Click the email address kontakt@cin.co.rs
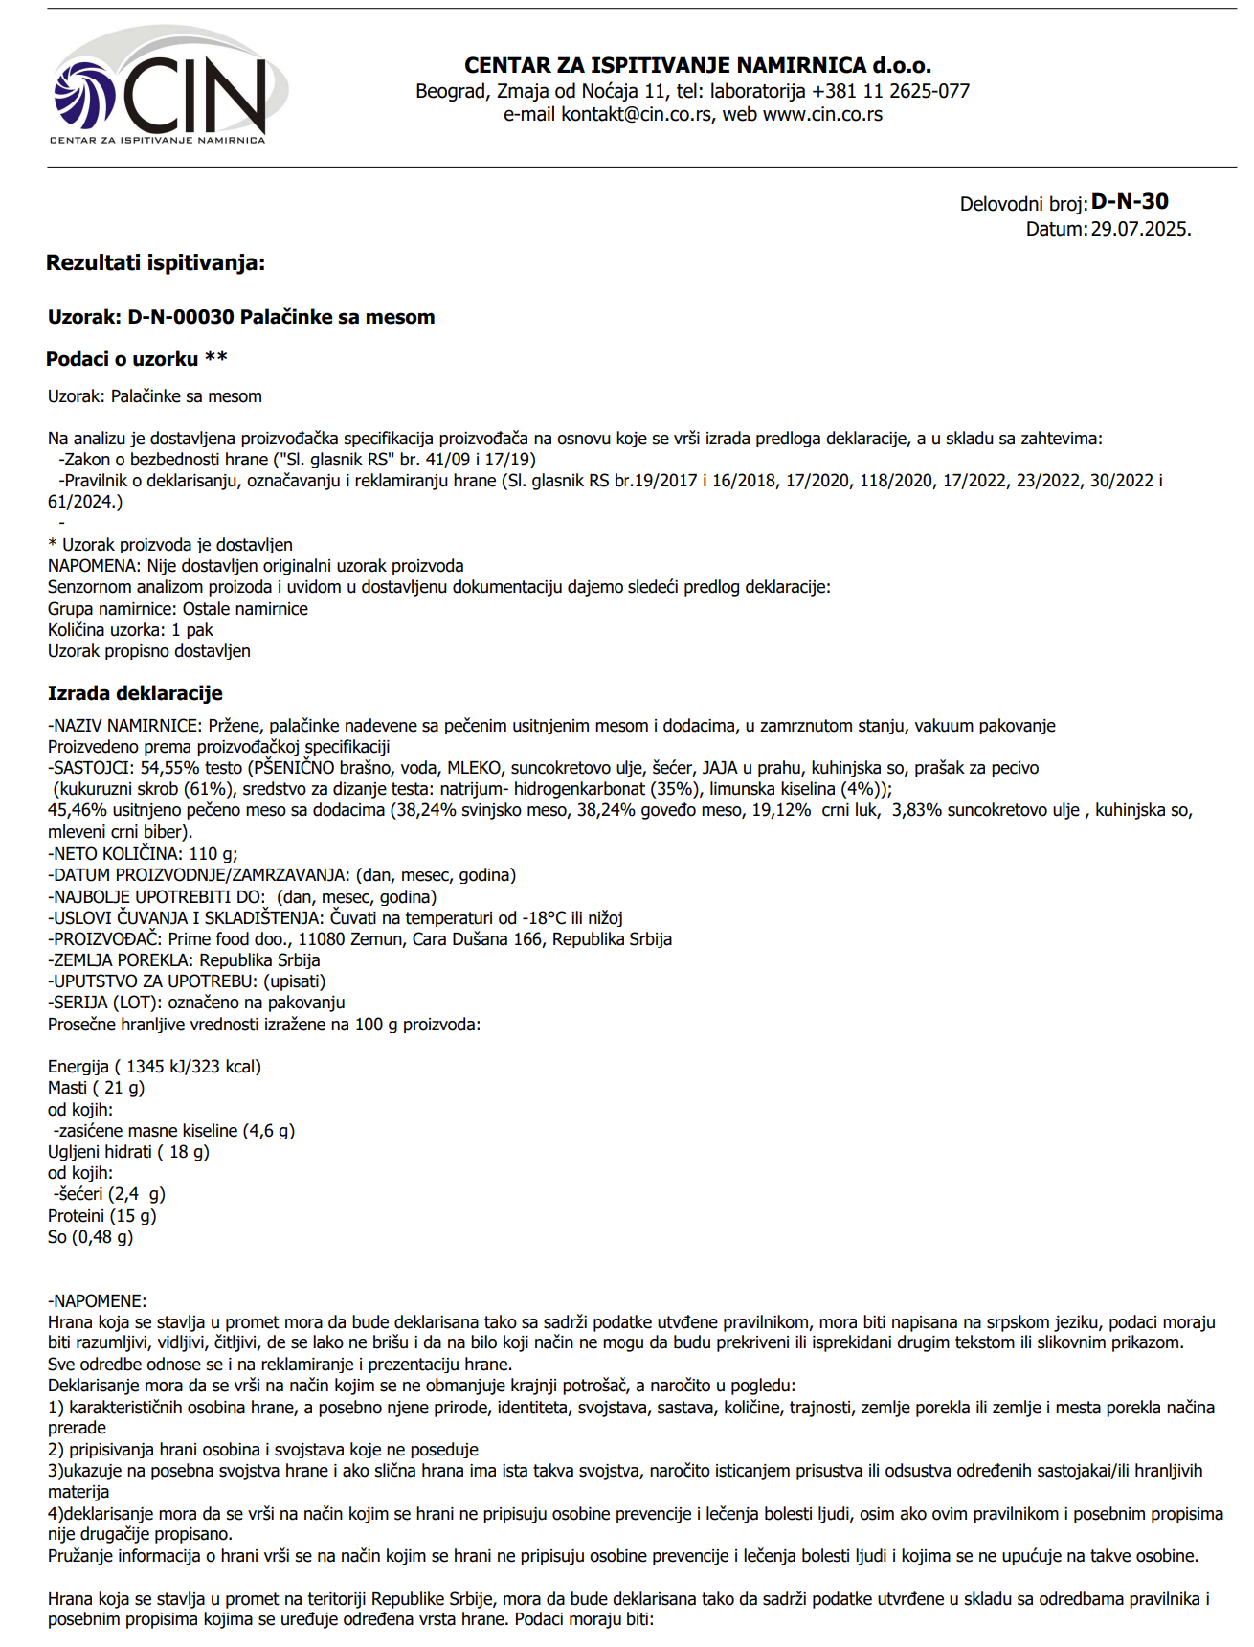pyautogui.click(x=636, y=115)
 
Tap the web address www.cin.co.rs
pyautogui.click(x=822, y=115)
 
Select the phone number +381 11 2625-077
pyautogui.click(x=890, y=91)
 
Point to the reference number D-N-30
pyautogui.click(x=1130, y=201)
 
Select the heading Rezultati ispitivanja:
pyautogui.click(x=156, y=262)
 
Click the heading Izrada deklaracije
pyautogui.click(x=135, y=693)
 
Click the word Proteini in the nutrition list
pyautogui.click(x=76, y=1216)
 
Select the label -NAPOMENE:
pyautogui.click(x=97, y=1301)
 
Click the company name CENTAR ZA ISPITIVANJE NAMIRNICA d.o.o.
pyautogui.click(x=697, y=65)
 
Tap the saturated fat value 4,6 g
pyautogui.click(x=269, y=1131)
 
